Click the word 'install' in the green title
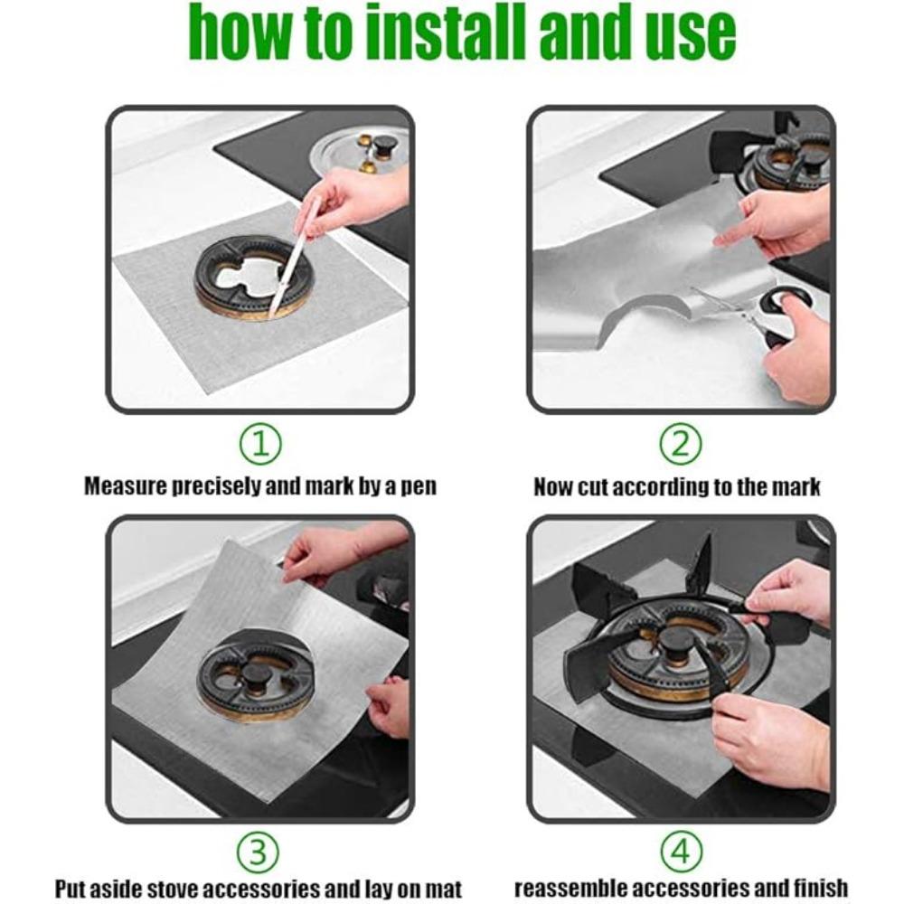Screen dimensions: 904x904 point(447,31)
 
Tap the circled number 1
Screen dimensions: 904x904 point(259,445)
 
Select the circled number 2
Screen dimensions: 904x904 point(681,445)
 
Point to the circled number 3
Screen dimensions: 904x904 point(259,852)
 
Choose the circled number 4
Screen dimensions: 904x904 point(681,852)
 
